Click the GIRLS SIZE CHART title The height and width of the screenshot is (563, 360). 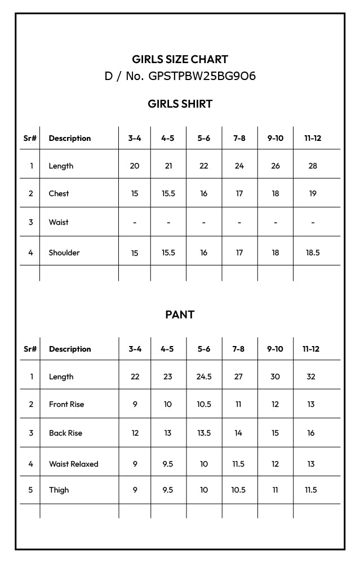[x=180, y=59]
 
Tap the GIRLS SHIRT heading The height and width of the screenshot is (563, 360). [x=180, y=104]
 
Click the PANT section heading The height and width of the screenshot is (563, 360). [x=180, y=314]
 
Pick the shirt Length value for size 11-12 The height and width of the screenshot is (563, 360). [x=313, y=166]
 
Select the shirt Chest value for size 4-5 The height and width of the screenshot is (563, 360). [x=168, y=193]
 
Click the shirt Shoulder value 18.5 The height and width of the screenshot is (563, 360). [x=313, y=252]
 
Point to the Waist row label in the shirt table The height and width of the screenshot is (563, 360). [x=59, y=222]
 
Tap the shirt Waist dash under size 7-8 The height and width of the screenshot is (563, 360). [x=239, y=222]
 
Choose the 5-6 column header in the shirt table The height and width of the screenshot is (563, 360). [x=203, y=138]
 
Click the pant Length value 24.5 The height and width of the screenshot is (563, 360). [x=204, y=376]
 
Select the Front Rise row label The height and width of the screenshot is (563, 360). [x=66, y=404]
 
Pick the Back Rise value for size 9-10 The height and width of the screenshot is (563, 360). [x=275, y=433]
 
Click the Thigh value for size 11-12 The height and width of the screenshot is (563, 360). [x=311, y=490]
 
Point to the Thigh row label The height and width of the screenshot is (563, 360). [x=59, y=490]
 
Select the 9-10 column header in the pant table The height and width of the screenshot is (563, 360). [x=275, y=349]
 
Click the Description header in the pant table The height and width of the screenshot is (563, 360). [x=70, y=349]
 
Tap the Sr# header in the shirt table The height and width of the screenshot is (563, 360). [x=30, y=138]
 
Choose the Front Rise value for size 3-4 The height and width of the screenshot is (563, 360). [x=135, y=404]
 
